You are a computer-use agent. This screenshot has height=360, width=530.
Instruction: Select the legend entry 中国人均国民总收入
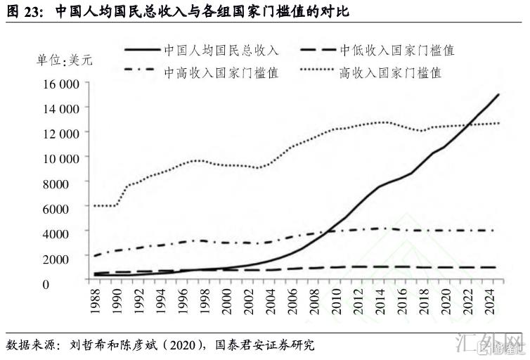click(221, 50)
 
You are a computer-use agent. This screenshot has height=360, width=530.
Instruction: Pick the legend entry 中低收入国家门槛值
click(397, 50)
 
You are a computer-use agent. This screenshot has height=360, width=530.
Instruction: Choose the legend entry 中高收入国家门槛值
click(221, 72)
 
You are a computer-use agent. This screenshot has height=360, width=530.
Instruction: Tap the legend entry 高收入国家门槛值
click(390, 72)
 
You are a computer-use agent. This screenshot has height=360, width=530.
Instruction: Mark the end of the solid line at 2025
click(498, 94)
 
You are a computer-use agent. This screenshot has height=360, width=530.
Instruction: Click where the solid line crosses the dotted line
click(471, 124)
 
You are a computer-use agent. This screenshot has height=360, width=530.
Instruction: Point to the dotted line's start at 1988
click(93, 205)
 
